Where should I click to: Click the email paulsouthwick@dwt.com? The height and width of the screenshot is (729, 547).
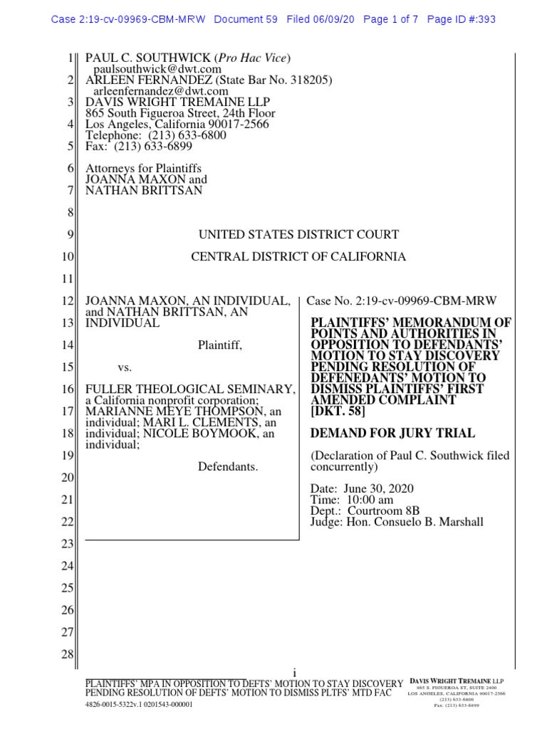tap(157, 69)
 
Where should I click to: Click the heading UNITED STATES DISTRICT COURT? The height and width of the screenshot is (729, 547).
tap(298, 234)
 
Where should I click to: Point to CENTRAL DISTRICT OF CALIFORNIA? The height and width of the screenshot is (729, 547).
tap(298, 256)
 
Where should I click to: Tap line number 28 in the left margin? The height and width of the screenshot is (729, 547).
tap(68, 654)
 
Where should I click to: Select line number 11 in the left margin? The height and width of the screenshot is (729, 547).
tap(68, 278)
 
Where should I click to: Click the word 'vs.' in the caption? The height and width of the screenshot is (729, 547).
tap(125, 367)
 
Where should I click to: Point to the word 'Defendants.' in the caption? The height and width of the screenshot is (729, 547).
tap(227, 467)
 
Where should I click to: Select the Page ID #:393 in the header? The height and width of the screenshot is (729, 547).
tap(461, 19)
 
